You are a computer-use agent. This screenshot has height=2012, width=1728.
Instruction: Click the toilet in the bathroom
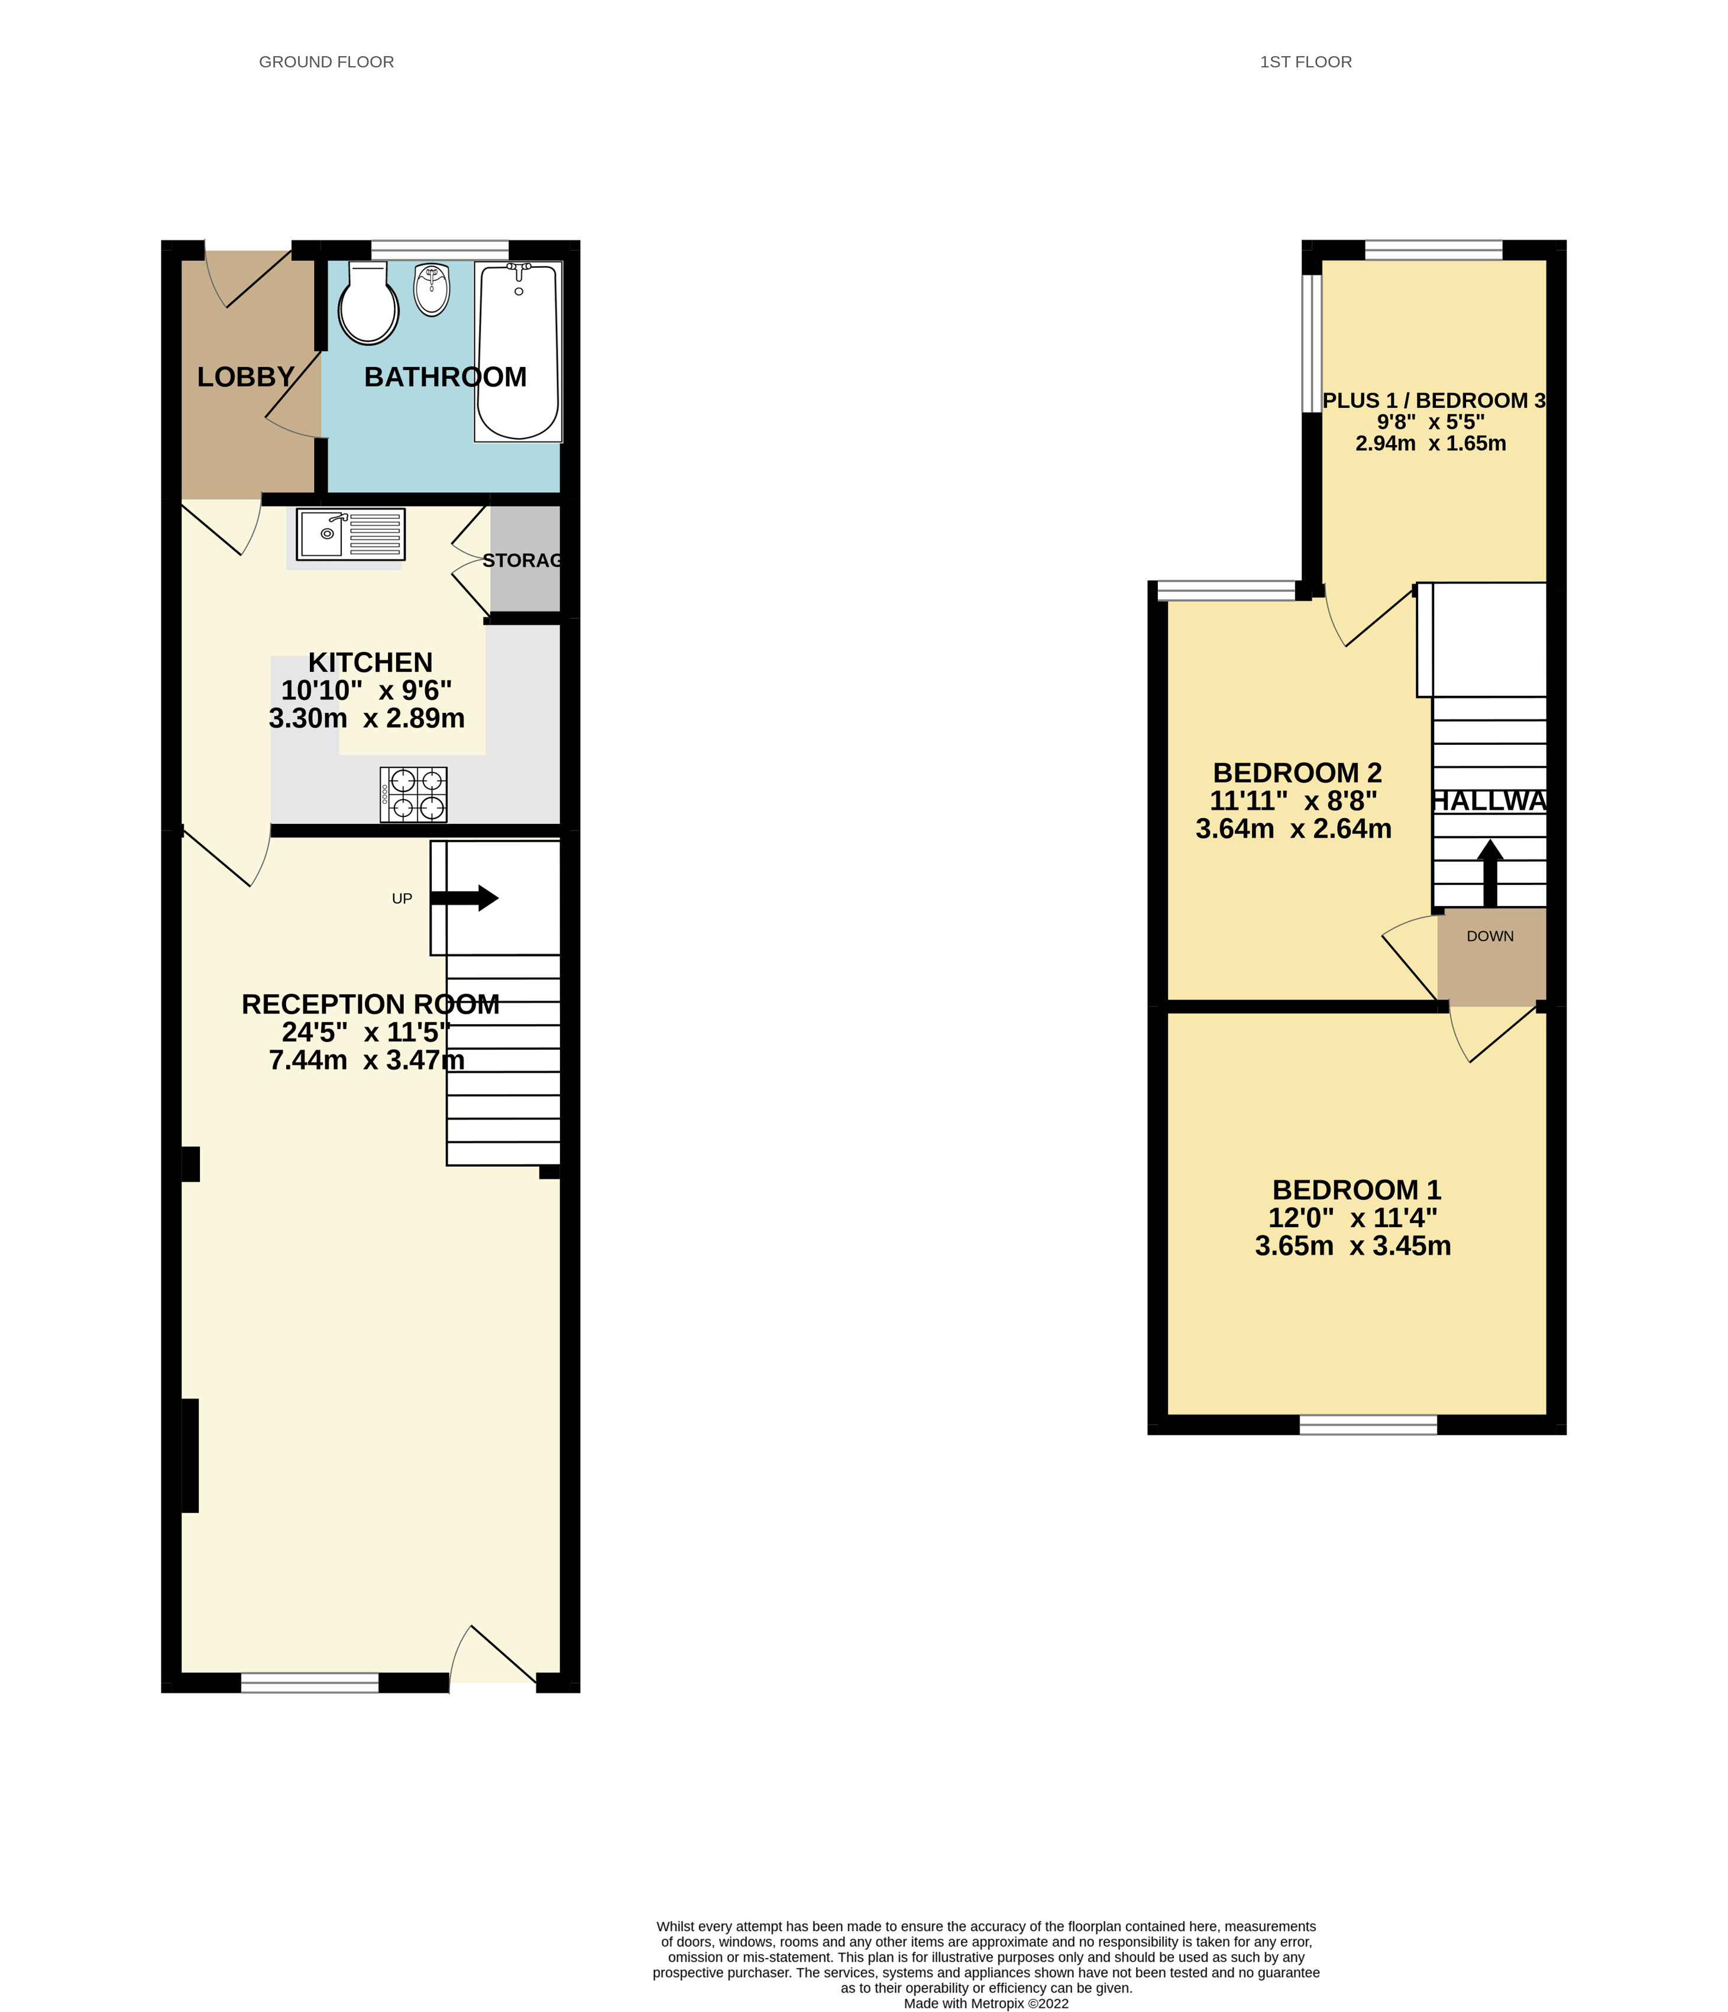click(368, 304)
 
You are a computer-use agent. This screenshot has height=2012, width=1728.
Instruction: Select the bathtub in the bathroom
click(519, 352)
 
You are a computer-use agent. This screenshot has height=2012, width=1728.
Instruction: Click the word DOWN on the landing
click(1490, 936)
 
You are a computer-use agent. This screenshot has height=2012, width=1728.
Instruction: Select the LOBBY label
click(246, 377)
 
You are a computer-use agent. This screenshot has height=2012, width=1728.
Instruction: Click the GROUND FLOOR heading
click(326, 62)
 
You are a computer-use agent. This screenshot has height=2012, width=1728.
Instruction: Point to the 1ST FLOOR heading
click(1306, 62)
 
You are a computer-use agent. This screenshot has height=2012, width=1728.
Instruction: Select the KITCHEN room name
click(370, 662)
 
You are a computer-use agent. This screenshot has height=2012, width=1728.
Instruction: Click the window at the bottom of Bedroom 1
click(1368, 1424)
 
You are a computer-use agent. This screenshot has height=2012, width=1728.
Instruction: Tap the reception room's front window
click(310, 1683)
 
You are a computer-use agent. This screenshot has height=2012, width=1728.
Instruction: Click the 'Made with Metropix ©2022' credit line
click(986, 2003)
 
